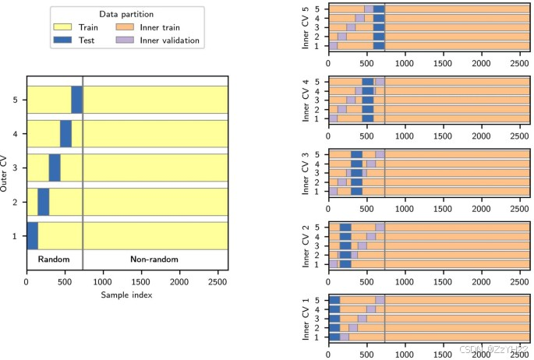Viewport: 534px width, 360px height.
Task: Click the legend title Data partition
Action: [x=126, y=14]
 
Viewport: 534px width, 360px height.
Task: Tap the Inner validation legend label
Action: [x=170, y=40]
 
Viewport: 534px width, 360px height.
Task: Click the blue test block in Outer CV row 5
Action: [x=76, y=100]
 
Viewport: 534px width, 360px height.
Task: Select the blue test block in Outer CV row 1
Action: [x=32, y=235]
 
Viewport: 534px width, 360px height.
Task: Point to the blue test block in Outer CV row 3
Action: [x=55, y=168]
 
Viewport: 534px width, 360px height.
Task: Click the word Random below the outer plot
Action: [x=54, y=259]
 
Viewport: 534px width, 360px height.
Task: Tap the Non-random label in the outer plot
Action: [x=154, y=259]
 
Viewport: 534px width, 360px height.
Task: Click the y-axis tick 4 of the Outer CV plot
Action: [x=16, y=134]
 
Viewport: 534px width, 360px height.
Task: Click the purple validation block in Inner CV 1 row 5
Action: [x=380, y=300]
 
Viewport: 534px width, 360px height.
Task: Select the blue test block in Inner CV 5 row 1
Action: [x=379, y=46]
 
